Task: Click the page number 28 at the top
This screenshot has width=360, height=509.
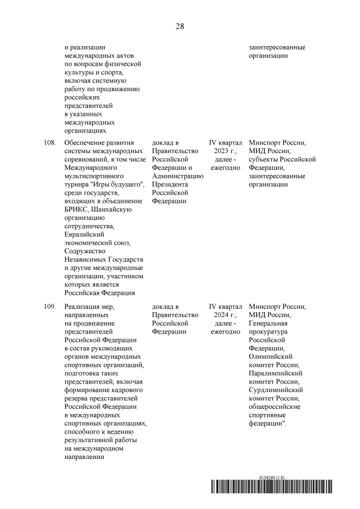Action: tap(179, 26)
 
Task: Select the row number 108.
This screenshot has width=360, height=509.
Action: tap(49, 143)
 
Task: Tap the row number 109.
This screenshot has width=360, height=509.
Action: tap(49, 307)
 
